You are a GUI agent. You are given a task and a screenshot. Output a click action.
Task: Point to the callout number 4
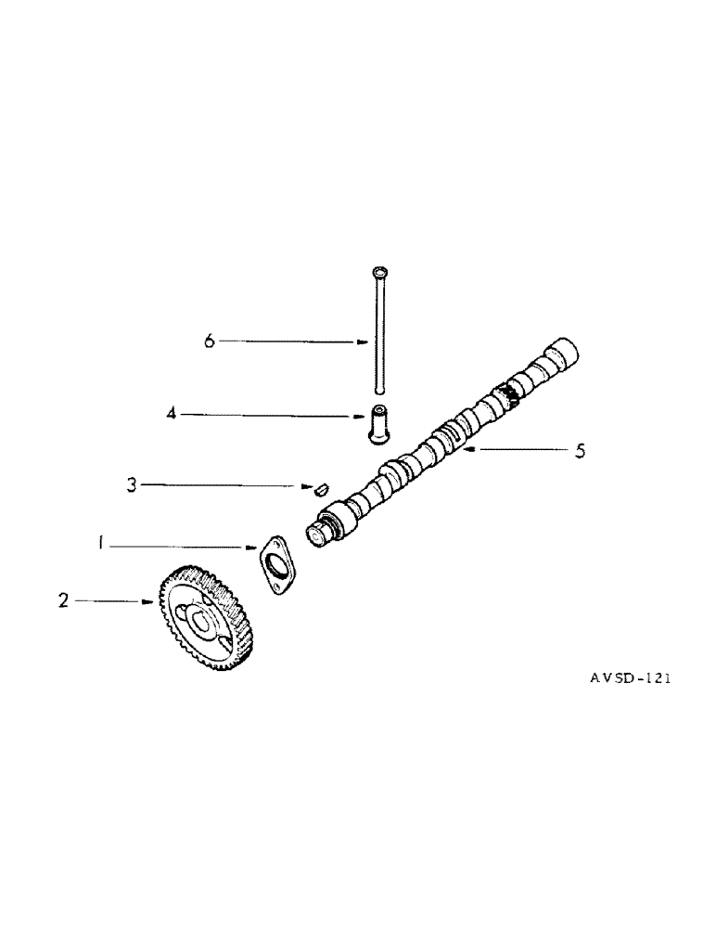click(x=172, y=415)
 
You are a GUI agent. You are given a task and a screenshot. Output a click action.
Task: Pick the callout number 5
click(x=581, y=451)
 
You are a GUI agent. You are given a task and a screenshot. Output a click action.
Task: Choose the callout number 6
click(x=210, y=342)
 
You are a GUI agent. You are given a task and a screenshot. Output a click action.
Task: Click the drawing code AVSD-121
click(x=630, y=678)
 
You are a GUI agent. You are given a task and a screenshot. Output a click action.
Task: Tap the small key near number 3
click(x=320, y=486)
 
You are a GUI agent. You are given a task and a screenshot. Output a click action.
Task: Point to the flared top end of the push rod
click(x=379, y=271)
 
